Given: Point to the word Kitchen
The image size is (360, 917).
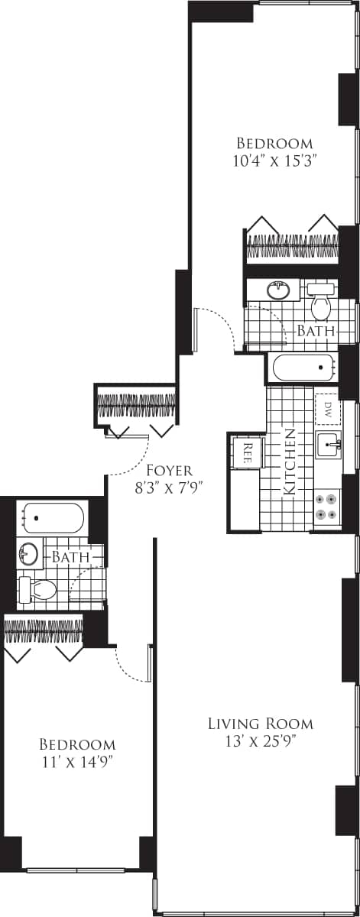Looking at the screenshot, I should (290, 462).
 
